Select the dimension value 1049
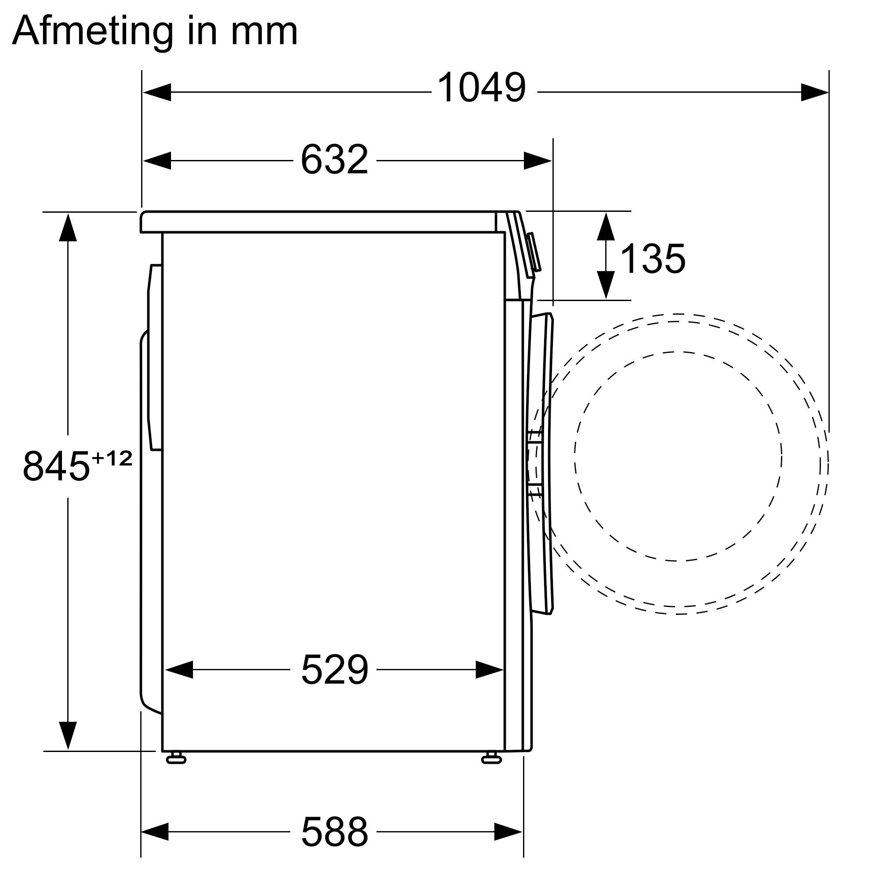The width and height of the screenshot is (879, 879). pos(481,88)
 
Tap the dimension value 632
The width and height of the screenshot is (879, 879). pos(334,160)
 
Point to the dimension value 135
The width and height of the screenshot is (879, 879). pos(652,259)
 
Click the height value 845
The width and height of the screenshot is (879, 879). pos(56,466)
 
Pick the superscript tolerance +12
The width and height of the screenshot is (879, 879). pos(112,458)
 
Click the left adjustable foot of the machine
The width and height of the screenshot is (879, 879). pos(176,758)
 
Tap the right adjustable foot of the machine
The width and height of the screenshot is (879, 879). pos(491,758)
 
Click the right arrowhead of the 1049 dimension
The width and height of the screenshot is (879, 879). pos(814,92)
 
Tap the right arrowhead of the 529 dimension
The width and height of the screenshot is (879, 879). pos(490,670)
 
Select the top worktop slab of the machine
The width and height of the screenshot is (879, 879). pos(319,222)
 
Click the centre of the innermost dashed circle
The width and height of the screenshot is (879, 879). pos(678,456)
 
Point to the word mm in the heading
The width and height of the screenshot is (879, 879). pos(264,32)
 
